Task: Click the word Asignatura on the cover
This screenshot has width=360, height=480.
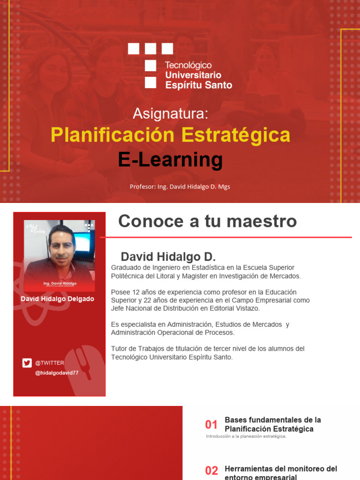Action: point(170,113)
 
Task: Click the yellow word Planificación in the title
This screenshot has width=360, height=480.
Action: point(113,135)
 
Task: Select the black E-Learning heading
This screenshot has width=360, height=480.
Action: point(170,160)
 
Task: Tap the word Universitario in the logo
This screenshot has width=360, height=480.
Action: point(193,75)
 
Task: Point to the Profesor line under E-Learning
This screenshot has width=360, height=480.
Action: point(180,187)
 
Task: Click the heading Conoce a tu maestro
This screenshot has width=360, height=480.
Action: point(208,221)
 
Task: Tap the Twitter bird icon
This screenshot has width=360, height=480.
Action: point(27,362)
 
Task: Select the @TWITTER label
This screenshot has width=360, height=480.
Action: point(50,363)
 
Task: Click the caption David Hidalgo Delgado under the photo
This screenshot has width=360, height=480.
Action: point(57,299)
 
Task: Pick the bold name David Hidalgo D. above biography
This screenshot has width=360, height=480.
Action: point(168,257)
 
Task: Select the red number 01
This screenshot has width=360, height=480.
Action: point(211,425)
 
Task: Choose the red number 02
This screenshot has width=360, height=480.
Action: point(211,471)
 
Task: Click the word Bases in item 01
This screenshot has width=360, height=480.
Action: point(235,420)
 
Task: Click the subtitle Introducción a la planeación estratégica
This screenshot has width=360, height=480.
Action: point(246,436)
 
